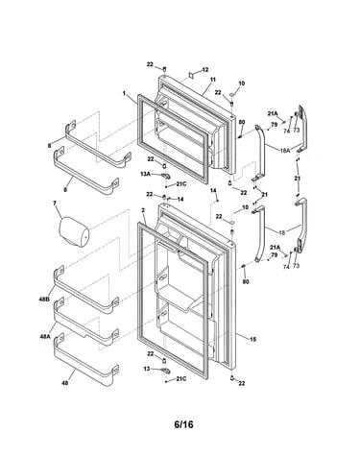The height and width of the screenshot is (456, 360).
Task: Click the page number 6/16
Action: pyautogui.click(x=183, y=424)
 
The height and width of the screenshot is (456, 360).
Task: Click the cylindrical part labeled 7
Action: pyautogui.click(x=74, y=231)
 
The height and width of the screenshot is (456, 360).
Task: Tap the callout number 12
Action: pyautogui.click(x=205, y=69)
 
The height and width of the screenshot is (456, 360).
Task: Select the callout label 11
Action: pyautogui.click(x=213, y=80)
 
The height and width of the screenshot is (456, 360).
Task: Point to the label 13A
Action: pyautogui.click(x=145, y=174)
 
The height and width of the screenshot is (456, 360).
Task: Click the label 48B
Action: pyautogui.click(x=44, y=300)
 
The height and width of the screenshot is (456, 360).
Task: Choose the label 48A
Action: pyautogui.click(x=45, y=336)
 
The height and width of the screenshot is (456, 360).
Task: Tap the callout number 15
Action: pyautogui.click(x=253, y=340)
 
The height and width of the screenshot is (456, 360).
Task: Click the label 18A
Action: pyautogui.click(x=284, y=150)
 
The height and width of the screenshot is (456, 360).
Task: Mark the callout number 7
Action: pyautogui.click(x=55, y=203)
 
